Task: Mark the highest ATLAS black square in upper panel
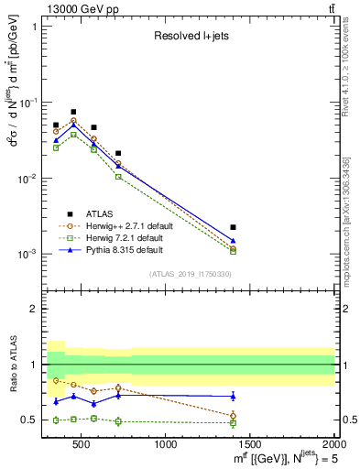click(73, 112)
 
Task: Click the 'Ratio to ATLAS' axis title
click(11, 364)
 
